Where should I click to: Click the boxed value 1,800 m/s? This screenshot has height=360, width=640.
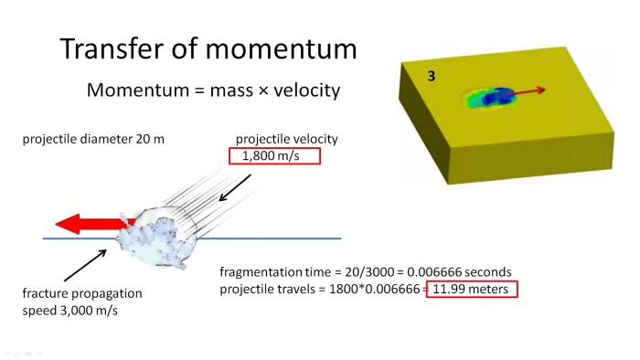pyautogui.click(x=273, y=156)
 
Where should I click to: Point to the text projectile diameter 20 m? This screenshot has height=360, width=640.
pyautogui.click(x=93, y=140)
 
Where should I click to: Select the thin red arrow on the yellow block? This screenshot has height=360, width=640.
pyautogui.click(x=528, y=91)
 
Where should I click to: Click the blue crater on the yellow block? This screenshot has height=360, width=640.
pyautogui.click(x=498, y=96)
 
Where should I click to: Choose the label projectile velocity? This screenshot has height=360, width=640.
pyautogui.click(x=286, y=139)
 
